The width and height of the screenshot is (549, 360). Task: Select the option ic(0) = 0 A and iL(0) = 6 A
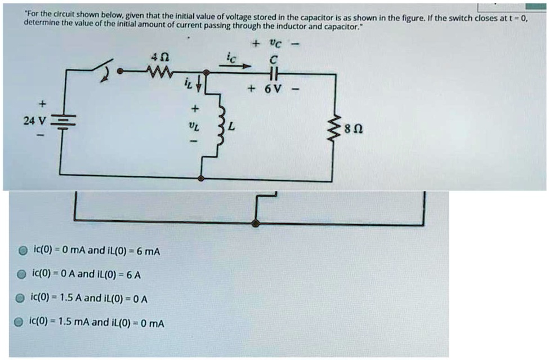pos(84,274)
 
